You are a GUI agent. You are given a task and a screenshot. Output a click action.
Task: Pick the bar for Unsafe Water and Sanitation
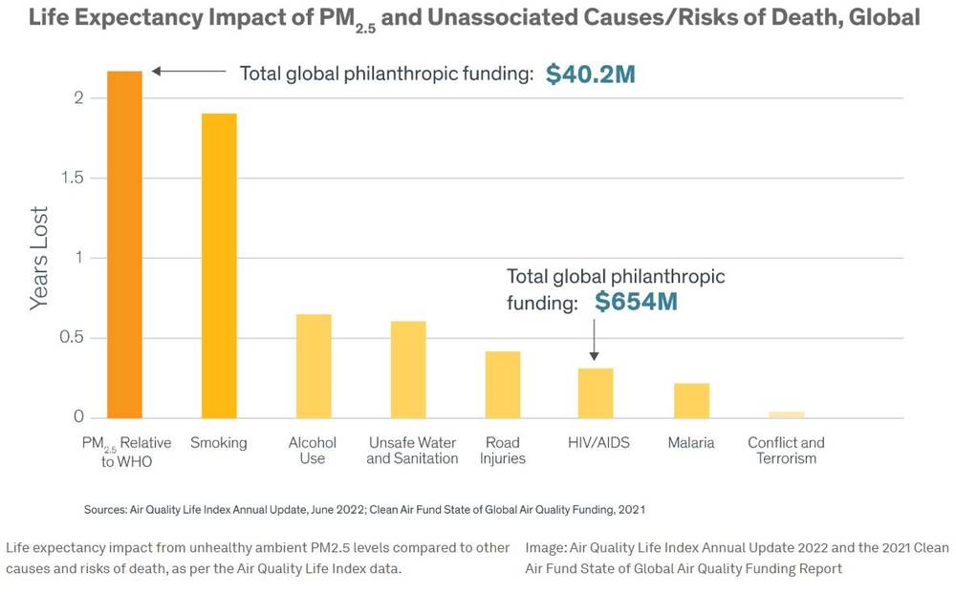click(x=408, y=370)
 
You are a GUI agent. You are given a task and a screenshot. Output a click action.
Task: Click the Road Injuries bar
click(x=502, y=385)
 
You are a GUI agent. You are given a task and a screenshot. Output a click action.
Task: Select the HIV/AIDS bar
click(x=596, y=392)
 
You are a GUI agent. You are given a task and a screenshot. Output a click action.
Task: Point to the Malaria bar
click(x=691, y=400)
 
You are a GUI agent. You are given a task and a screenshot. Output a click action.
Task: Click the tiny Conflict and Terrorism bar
click(x=786, y=414)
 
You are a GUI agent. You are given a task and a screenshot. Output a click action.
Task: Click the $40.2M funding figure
click(x=590, y=74)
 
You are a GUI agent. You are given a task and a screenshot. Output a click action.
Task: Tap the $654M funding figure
click(x=636, y=303)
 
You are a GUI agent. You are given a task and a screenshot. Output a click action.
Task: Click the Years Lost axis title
click(x=39, y=258)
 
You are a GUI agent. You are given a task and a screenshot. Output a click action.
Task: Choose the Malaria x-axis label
click(x=691, y=443)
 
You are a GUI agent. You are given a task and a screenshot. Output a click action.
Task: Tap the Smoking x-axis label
click(x=219, y=443)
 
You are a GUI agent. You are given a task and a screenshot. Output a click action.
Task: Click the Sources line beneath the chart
click(x=364, y=509)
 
